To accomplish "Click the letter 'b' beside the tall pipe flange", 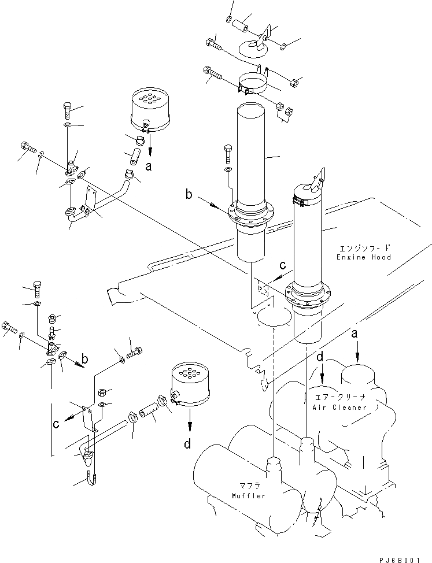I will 189,195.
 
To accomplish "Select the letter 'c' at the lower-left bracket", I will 56,424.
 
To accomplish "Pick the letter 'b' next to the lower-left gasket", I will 85,359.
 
